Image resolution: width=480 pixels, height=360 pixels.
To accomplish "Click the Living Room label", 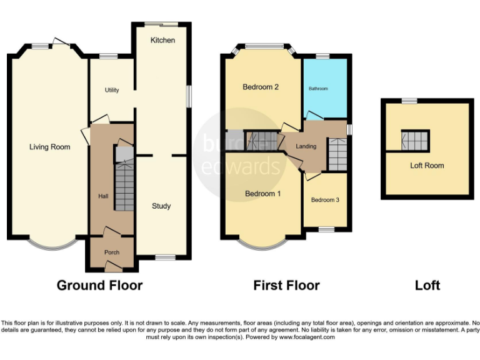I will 49,147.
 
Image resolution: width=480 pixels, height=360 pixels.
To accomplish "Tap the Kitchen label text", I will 162,41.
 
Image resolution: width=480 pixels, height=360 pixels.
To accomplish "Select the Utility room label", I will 112,91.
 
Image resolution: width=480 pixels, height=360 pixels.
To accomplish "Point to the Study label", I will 161,206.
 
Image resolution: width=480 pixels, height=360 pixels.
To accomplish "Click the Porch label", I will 112,252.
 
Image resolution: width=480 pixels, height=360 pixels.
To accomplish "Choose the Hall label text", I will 103,196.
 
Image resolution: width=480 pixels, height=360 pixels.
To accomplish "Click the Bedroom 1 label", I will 262,194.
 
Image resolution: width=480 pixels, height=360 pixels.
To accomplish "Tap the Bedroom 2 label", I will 261,87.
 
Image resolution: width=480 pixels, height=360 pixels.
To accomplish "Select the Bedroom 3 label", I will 325,200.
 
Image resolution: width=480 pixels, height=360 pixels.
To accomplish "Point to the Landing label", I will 306,146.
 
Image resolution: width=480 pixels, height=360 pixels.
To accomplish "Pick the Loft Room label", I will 427,166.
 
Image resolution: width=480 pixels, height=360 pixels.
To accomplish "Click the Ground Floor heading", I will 99,286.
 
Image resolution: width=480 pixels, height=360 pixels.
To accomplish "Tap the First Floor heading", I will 286,286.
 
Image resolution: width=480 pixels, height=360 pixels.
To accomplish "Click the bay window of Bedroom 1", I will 262,245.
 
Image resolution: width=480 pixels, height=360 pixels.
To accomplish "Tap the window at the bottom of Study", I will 165,257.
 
